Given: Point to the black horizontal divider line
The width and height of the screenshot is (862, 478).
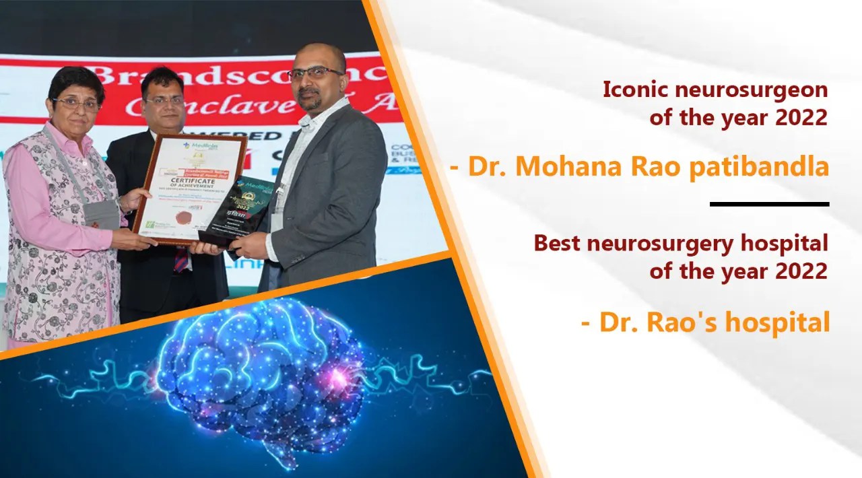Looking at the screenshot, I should (x=769, y=203).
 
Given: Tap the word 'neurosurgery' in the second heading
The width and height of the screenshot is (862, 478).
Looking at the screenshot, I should (x=656, y=244).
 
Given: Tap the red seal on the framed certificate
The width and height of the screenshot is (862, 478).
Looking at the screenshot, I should (x=182, y=217).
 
